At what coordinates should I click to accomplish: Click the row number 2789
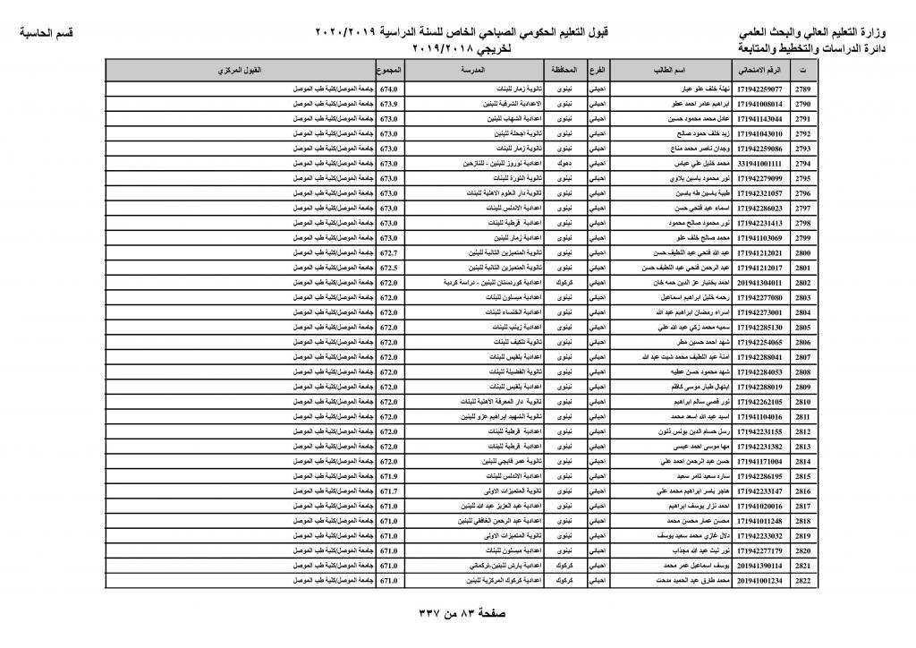click(x=802, y=90)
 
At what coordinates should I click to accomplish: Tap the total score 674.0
click(x=388, y=90)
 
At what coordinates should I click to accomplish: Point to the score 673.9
click(x=388, y=105)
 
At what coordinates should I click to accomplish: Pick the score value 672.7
click(x=388, y=253)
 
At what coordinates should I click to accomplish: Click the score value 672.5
click(x=388, y=268)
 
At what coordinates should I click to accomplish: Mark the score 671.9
click(x=388, y=476)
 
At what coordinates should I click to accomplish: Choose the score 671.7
click(x=388, y=491)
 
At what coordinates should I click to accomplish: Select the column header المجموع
click(x=389, y=69)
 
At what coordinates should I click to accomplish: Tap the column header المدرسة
click(x=471, y=69)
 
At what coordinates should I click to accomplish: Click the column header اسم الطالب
click(x=670, y=69)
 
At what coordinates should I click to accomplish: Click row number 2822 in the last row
click(x=802, y=580)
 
